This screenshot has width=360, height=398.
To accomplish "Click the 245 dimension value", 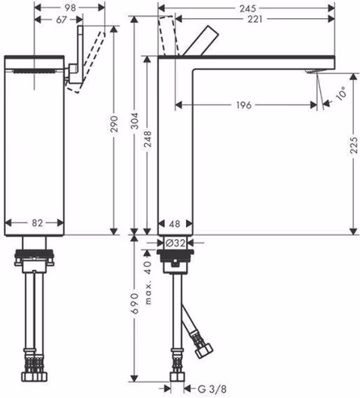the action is [x=248, y=8].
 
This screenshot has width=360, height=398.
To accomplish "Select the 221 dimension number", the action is [x=255, y=19].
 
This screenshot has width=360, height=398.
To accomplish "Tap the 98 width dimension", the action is [x=70, y=8].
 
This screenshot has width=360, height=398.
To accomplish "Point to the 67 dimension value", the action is [x=61, y=20].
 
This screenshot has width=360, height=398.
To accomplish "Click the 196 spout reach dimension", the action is [x=243, y=105].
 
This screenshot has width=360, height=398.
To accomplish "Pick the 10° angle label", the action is [x=340, y=93].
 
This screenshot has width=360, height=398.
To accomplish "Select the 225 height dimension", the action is [x=354, y=145].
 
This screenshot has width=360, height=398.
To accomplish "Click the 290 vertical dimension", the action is [x=114, y=124].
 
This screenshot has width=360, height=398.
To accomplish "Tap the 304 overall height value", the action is [x=135, y=121].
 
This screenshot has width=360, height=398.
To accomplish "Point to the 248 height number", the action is [x=148, y=139].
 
